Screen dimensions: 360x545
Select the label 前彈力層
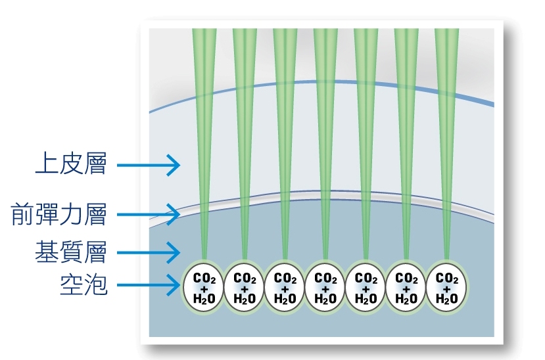(x=59, y=214)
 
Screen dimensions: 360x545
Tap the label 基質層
(x=70, y=252)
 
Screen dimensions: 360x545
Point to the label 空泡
(x=83, y=286)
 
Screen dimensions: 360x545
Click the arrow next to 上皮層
(x=148, y=165)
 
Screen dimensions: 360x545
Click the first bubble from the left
(x=204, y=288)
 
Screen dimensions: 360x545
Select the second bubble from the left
(x=245, y=288)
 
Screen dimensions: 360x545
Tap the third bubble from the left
(x=285, y=288)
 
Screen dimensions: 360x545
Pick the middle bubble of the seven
(x=325, y=288)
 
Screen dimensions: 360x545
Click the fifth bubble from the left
(x=366, y=288)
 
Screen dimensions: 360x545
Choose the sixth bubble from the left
(x=406, y=288)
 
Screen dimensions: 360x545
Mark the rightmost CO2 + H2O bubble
(x=447, y=288)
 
